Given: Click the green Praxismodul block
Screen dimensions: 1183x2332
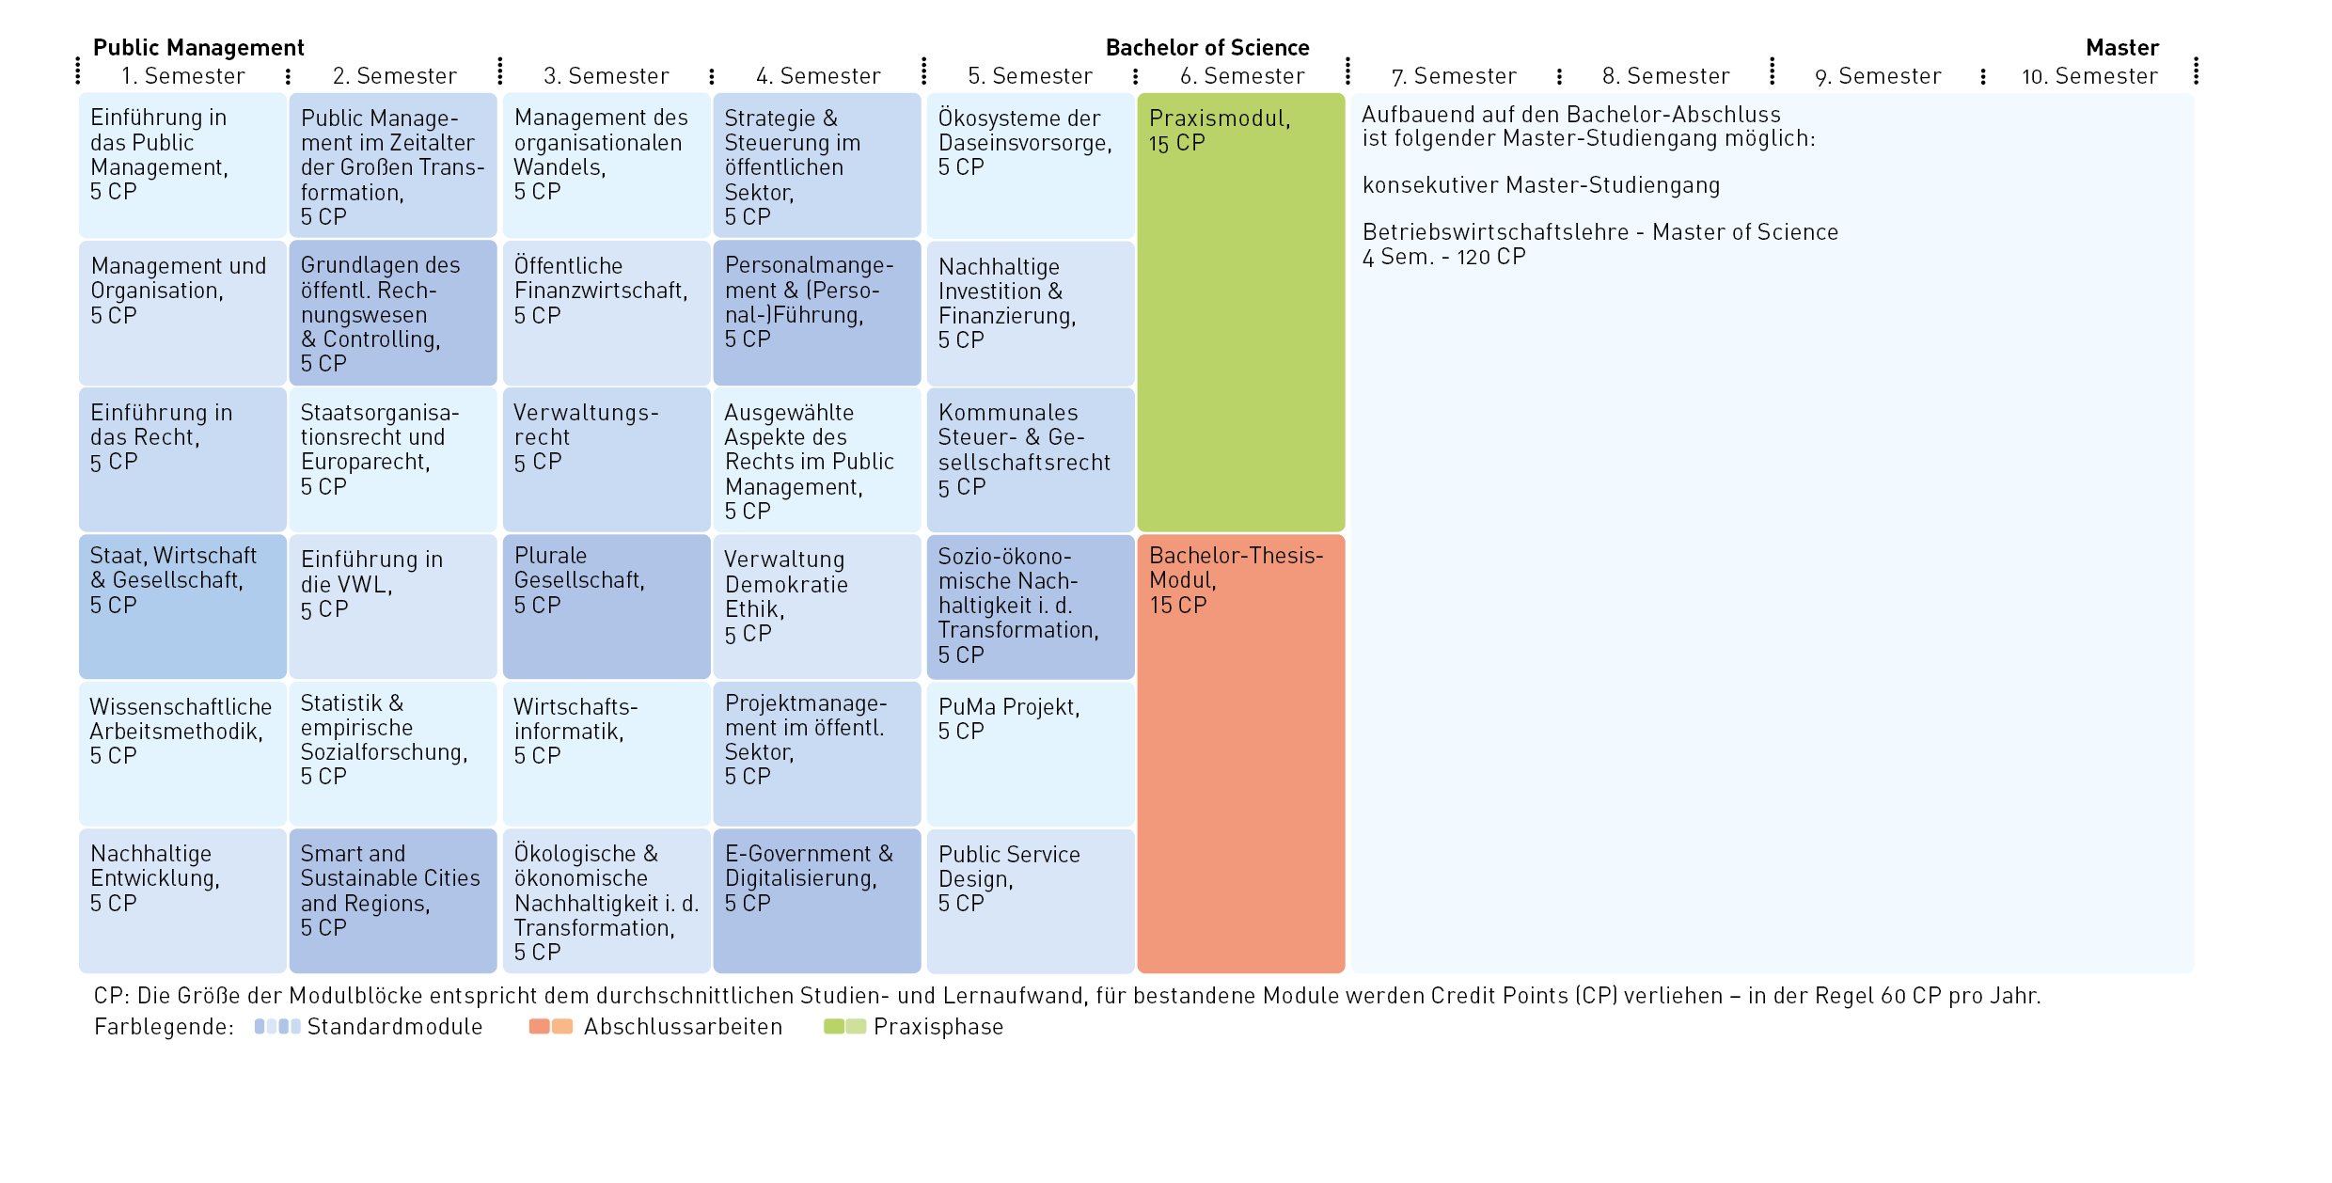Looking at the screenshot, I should (x=1240, y=310).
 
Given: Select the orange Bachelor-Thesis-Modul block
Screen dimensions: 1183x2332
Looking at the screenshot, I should (x=1240, y=752).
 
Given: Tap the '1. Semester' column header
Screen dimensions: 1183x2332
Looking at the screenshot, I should (x=182, y=76).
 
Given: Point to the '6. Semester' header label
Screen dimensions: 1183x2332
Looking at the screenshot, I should (x=1241, y=76).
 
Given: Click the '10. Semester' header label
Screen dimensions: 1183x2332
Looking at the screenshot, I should (x=2089, y=76).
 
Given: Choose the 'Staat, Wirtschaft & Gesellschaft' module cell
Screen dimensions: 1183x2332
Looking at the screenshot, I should (x=182, y=607).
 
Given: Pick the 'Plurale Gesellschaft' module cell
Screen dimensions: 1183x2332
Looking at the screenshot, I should (x=606, y=607).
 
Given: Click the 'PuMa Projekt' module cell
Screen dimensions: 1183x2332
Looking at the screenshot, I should (x=1030, y=752).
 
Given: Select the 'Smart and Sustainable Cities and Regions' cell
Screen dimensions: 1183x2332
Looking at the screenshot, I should (x=392, y=900).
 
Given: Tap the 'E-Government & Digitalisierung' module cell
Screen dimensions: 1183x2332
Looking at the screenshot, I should (x=816, y=900).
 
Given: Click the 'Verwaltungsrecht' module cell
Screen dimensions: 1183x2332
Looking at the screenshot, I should (x=606, y=459).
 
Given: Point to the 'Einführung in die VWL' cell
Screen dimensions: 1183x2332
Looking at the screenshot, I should (x=392, y=607).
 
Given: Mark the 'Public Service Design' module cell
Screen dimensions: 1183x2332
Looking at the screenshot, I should (x=1030, y=900).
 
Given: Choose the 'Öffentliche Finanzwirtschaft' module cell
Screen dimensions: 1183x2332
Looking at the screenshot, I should (x=606, y=312).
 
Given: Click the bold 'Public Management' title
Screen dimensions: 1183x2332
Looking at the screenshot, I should (x=198, y=48).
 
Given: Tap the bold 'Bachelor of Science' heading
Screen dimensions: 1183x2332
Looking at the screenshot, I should (x=1206, y=48).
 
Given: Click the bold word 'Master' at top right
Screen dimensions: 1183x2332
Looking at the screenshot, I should (x=2121, y=48).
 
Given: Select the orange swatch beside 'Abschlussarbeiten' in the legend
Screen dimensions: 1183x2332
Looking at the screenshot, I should (x=550, y=1026).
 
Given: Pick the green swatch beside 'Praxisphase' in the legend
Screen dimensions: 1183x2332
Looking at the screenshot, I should (x=844, y=1026).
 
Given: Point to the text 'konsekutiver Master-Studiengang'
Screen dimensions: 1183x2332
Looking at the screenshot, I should (x=1540, y=185).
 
